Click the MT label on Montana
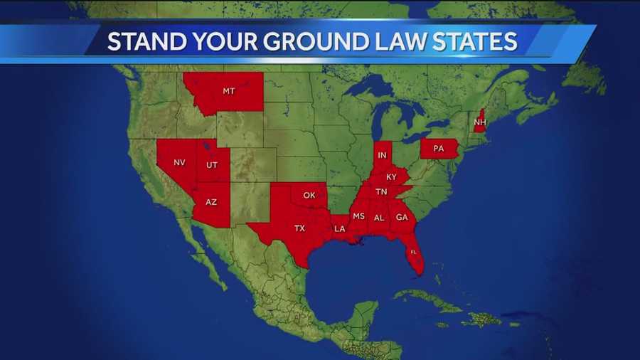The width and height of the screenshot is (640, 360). point(228,91)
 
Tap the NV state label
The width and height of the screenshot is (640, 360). point(179,162)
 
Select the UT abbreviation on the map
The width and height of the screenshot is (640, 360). point(212,165)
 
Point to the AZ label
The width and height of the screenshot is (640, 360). point(211,202)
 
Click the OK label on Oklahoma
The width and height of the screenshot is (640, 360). point(309,195)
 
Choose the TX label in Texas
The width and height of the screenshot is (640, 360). point(300,228)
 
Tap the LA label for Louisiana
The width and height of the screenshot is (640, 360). point(340,228)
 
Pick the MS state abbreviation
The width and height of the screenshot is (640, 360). point(358,216)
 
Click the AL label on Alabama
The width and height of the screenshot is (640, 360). point(379,218)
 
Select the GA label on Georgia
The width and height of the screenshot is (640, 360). point(402,218)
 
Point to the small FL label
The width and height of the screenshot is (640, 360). point(413,252)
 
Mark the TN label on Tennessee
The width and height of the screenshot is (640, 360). point(381,191)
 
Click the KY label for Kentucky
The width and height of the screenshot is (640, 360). point(391,176)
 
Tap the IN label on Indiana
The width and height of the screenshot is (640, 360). point(383,155)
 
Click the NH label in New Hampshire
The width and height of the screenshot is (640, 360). point(479,122)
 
